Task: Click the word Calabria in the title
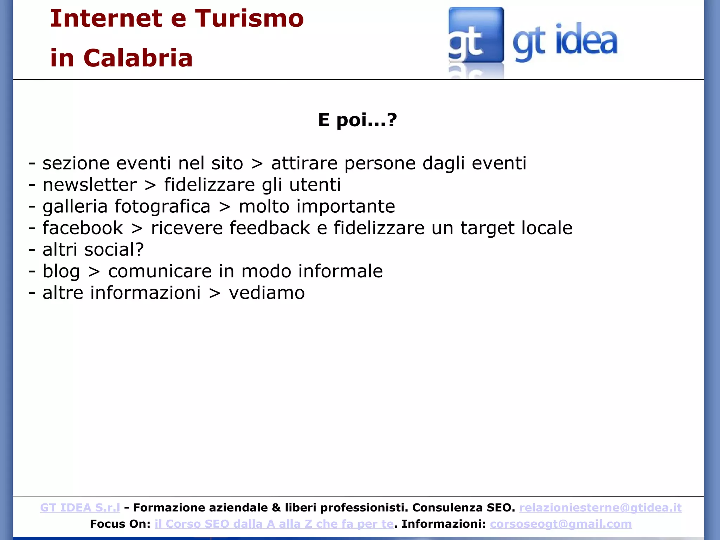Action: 138,58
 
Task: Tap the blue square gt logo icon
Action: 476,35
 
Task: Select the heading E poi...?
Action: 357,120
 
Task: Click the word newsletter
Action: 90,185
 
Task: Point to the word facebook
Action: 83,228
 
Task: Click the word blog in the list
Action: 61,271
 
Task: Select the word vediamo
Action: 267,293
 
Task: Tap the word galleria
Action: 75,206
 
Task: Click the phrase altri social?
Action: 93,250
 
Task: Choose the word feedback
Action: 270,228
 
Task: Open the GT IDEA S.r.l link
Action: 80,508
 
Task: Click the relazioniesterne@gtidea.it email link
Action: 600,508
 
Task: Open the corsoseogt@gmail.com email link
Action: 561,524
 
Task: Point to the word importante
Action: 346,206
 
